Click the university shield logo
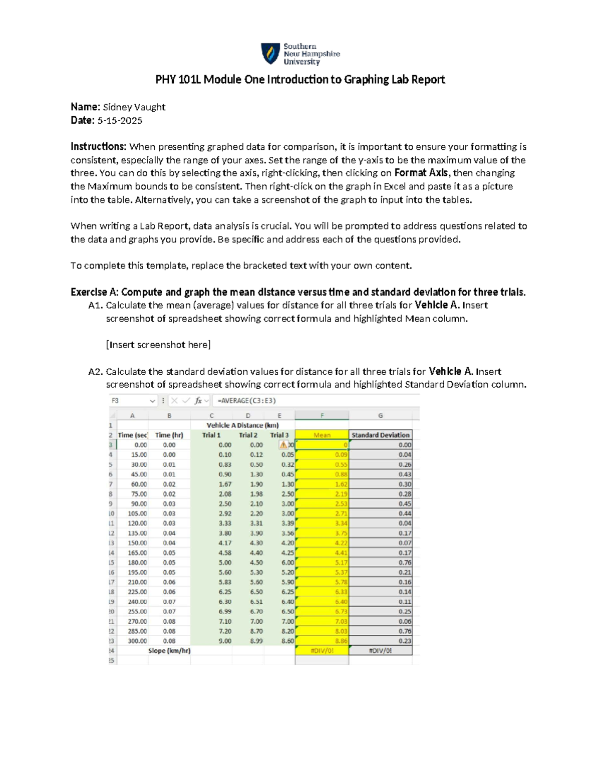(x=270, y=54)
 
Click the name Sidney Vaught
(x=134, y=107)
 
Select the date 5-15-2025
(x=120, y=121)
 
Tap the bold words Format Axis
(x=422, y=173)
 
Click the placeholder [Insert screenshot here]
(x=158, y=345)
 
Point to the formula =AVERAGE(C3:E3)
(x=246, y=401)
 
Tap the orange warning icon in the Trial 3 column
(x=283, y=445)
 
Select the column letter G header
(x=380, y=415)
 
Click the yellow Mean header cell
(x=322, y=435)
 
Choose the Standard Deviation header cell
(x=380, y=435)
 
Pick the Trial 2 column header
(x=248, y=435)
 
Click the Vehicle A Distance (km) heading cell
(x=242, y=425)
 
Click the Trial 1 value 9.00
(x=225, y=641)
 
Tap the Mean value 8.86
(x=341, y=641)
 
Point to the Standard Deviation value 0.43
(x=405, y=474)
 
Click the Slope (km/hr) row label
(x=169, y=651)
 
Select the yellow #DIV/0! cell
(x=322, y=651)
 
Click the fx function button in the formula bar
(x=198, y=401)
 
